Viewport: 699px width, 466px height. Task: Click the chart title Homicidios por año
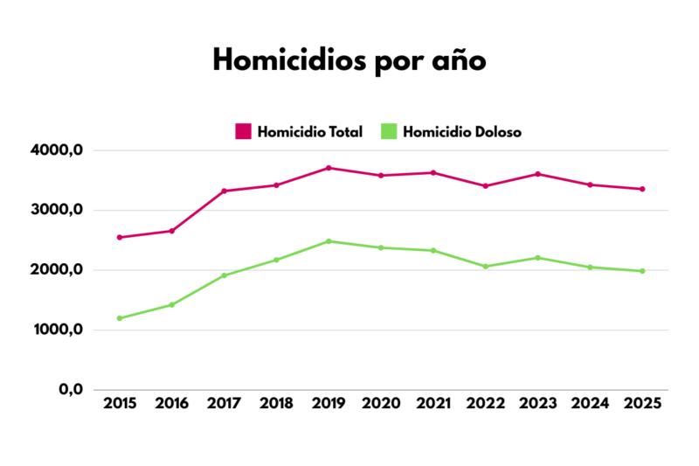[x=349, y=61]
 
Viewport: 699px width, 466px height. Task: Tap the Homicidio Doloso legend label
[x=462, y=132]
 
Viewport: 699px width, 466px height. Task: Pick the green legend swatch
[x=389, y=132]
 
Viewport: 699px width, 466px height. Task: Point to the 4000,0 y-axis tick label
[x=56, y=150]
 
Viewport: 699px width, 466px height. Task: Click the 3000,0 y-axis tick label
[x=56, y=210]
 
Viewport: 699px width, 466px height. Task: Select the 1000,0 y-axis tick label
[x=56, y=330]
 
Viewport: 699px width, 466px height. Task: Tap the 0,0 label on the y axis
[x=71, y=389]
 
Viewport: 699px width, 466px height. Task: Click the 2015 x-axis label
[x=119, y=404]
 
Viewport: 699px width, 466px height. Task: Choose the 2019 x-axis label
[x=329, y=404]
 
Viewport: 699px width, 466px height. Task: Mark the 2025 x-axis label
[x=642, y=404]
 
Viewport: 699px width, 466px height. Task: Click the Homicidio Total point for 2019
[x=329, y=168]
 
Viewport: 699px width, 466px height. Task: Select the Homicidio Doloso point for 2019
[x=329, y=241]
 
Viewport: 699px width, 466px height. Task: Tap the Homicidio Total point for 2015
[x=119, y=237]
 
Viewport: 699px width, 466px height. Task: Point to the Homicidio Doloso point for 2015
[x=119, y=318]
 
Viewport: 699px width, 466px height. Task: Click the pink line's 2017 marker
[x=224, y=191]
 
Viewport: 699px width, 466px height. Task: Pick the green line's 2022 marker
[x=486, y=267]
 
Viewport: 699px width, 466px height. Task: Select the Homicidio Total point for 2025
[x=642, y=189]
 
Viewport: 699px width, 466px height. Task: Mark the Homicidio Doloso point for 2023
[x=538, y=258]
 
